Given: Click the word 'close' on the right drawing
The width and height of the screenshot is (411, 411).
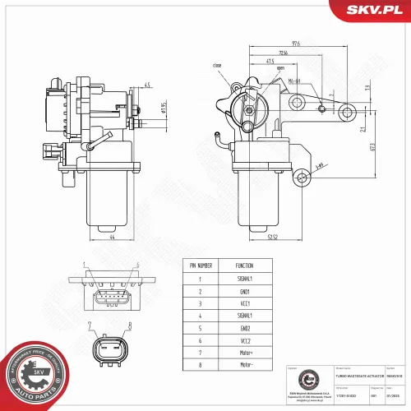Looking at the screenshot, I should pyautogui.click(x=216, y=64).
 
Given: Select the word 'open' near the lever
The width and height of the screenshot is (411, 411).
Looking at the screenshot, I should pyautogui.click(x=280, y=68).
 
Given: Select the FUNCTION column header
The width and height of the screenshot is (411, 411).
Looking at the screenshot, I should pyautogui.click(x=244, y=266).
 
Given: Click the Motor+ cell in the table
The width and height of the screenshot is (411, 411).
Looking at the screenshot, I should pyautogui.click(x=244, y=351).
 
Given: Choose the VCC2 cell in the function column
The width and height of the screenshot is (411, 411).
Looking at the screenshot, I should pyautogui.click(x=244, y=339).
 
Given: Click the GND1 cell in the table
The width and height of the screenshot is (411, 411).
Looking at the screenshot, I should pyautogui.click(x=244, y=290).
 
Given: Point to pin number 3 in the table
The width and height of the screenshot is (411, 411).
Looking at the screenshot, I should pyautogui.click(x=200, y=302).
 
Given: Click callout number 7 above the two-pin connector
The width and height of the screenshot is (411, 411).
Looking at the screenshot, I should pyautogui.click(x=97, y=327).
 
